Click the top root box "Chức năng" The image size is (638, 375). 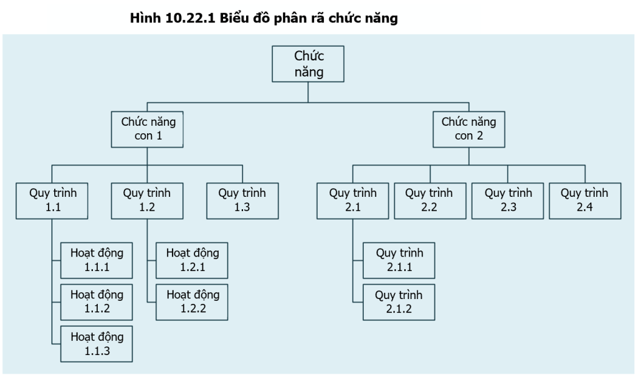pos(308,64)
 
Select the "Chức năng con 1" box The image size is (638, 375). pos(147,130)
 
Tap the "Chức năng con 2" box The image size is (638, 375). pos(469,130)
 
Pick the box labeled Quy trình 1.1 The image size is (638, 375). pos(52,201)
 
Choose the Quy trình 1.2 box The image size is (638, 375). pos(147,201)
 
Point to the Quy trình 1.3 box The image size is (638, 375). pos(242,201)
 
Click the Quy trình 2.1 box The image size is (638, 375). pos(353,201)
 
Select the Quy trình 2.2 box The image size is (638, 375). pos(430,201)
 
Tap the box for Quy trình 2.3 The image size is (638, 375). pos(508,201)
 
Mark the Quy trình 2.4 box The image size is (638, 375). pos(585,201)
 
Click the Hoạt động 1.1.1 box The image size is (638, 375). pos(97,260)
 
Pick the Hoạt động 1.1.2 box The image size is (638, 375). pos(97,302)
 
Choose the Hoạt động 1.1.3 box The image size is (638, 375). pos(97,344)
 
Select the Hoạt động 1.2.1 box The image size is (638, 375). pos(192,260)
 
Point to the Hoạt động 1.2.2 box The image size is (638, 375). pos(192,302)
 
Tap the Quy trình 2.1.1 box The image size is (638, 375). pos(399,260)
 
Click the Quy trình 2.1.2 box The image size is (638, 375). pos(399,302)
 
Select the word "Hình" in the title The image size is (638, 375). pos(146,18)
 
